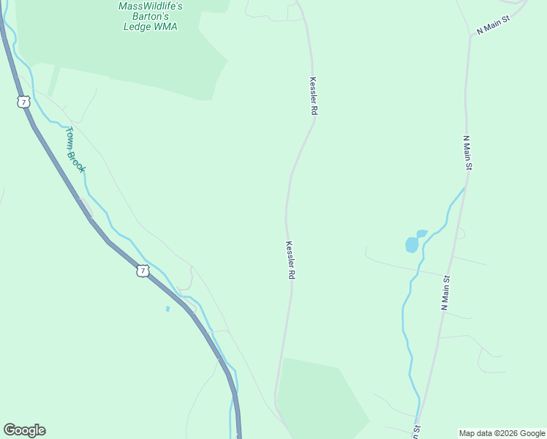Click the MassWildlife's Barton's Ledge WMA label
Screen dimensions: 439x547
(x=150, y=16)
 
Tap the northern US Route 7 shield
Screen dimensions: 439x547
(x=24, y=102)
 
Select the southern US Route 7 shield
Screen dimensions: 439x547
(x=143, y=271)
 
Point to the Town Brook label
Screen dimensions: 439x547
(x=76, y=150)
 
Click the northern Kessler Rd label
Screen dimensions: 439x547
(x=314, y=96)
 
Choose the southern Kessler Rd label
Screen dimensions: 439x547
(x=290, y=260)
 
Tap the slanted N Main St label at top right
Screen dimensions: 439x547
(x=493, y=26)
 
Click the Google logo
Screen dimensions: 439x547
(x=24, y=430)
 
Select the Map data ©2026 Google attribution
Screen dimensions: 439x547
(x=502, y=433)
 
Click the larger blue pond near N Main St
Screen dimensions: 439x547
(x=412, y=244)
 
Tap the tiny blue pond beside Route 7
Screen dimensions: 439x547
(x=167, y=309)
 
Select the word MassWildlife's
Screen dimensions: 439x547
(x=150, y=6)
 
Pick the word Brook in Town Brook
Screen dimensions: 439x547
(x=78, y=161)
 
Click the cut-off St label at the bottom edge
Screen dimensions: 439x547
(x=417, y=432)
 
